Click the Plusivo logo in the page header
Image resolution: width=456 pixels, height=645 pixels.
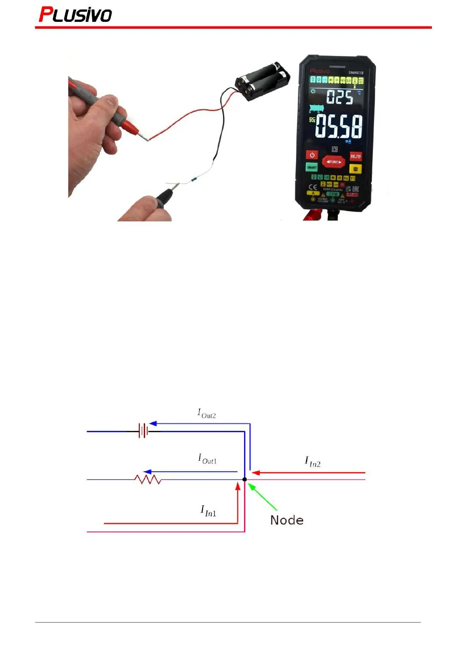click(x=75, y=15)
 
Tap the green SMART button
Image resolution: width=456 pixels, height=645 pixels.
click(x=312, y=167)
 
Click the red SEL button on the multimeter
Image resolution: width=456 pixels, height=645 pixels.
click(x=356, y=156)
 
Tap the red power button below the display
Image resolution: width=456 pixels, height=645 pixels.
click(x=312, y=155)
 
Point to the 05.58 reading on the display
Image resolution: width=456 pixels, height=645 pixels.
click(x=339, y=127)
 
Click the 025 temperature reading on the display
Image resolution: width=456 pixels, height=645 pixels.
click(x=339, y=97)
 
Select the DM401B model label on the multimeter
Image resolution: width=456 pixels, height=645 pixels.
click(x=356, y=73)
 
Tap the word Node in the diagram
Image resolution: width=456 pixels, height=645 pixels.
click(x=287, y=520)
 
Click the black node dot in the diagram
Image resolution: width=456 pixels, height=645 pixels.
click(x=244, y=479)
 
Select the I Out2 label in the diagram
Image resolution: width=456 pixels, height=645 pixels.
click(x=207, y=414)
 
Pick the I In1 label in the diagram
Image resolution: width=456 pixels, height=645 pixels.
click(x=208, y=511)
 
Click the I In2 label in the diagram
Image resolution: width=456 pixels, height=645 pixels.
click(x=313, y=462)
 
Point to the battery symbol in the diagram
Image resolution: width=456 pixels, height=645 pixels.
click(x=143, y=431)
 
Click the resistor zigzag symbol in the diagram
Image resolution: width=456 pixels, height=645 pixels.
click(x=148, y=479)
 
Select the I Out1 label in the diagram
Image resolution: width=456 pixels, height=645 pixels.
click(x=207, y=459)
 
